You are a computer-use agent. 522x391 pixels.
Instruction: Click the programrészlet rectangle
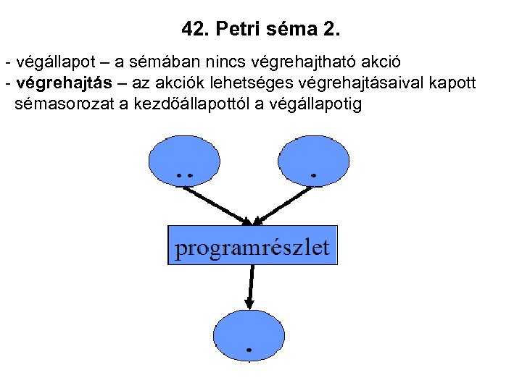pyautogui.click(x=252, y=247)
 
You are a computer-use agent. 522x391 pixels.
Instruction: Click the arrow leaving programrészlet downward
pyautogui.click(x=251, y=286)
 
